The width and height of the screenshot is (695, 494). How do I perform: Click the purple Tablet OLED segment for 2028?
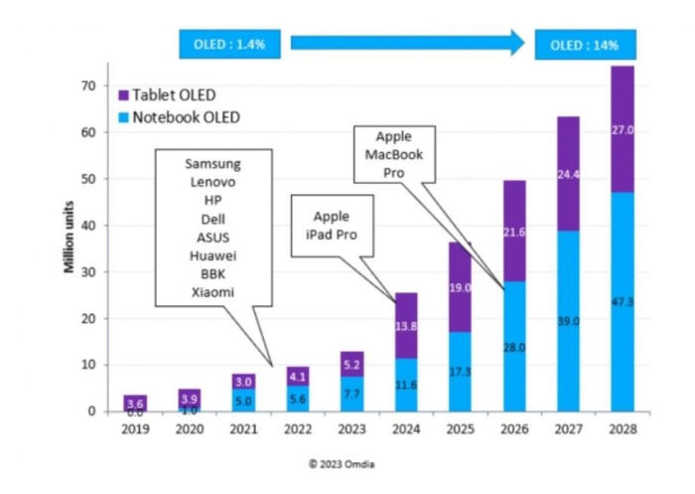(622, 129)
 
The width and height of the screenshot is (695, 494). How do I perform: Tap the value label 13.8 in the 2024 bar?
(407, 326)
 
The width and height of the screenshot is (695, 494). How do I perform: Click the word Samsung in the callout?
(213, 164)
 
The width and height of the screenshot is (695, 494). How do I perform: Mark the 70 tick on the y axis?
(87, 86)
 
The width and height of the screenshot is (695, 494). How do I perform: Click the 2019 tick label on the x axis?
(136, 429)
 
